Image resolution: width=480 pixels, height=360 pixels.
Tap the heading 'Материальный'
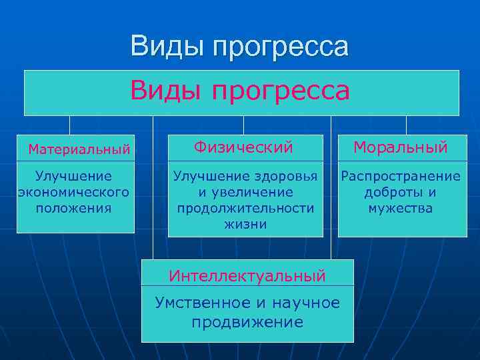coord(79,149)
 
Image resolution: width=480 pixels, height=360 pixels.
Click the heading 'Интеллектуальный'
coord(247,275)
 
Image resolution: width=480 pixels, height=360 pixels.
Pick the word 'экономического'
coord(73,192)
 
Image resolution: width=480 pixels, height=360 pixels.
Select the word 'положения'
coord(74,208)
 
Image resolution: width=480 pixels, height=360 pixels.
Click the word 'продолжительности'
coord(245,208)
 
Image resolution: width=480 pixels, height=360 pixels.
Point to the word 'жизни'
coord(245,224)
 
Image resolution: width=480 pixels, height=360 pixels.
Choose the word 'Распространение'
coord(401,176)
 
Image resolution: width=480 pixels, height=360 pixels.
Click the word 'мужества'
coord(401,208)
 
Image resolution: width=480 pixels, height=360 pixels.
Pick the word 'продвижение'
coord(247,323)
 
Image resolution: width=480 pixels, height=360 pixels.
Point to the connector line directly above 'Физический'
coord(243,125)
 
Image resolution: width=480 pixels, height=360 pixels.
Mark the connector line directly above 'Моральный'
coord(407,125)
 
